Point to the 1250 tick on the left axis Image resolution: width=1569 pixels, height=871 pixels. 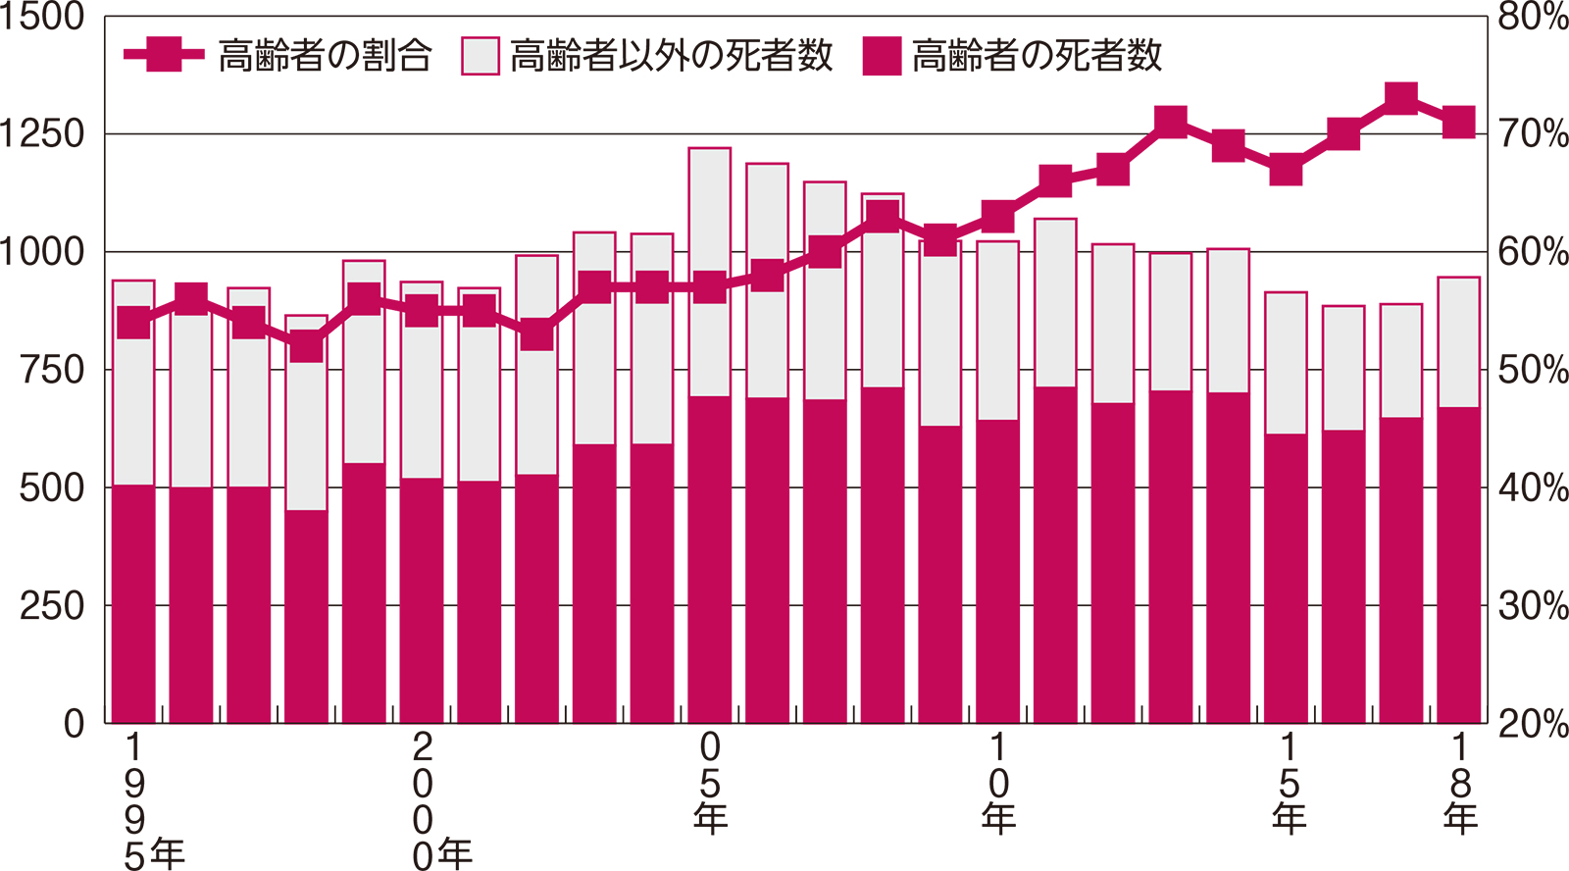pyautogui.click(x=43, y=134)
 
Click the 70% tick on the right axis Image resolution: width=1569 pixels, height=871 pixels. pyautogui.click(x=1533, y=134)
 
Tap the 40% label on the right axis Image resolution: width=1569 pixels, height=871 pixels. pyautogui.click(x=1533, y=487)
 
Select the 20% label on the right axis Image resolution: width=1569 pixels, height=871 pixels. pyautogui.click(x=1533, y=724)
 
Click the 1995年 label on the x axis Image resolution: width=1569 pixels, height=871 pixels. pyautogui.click(x=147, y=800)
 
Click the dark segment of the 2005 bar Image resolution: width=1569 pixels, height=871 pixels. pyautogui.click(x=710, y=559)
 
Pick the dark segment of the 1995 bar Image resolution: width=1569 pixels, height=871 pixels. pyautogui.click(x=133, y=603)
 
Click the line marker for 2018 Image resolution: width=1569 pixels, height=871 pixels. pyautogui.click(x=1459, y=123)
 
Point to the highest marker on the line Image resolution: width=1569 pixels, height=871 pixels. pyautogui.click(x=1401, y=99)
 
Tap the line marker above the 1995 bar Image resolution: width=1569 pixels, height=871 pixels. pyautogui.click(x=133, y=323)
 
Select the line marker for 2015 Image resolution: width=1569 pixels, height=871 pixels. pyautogui.click(x=1287, y=170)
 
